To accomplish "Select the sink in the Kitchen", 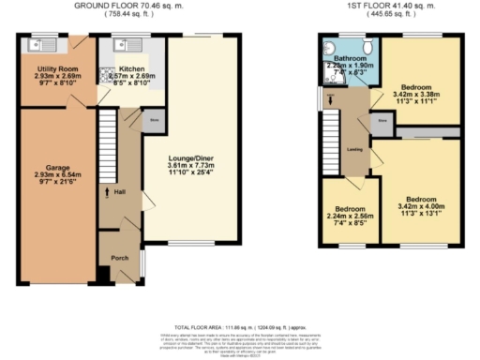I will click(127, 43).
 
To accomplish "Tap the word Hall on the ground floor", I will click(120, 194).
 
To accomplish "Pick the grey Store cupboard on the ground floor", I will click(153, 119).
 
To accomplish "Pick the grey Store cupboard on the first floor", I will click(382, 121).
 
